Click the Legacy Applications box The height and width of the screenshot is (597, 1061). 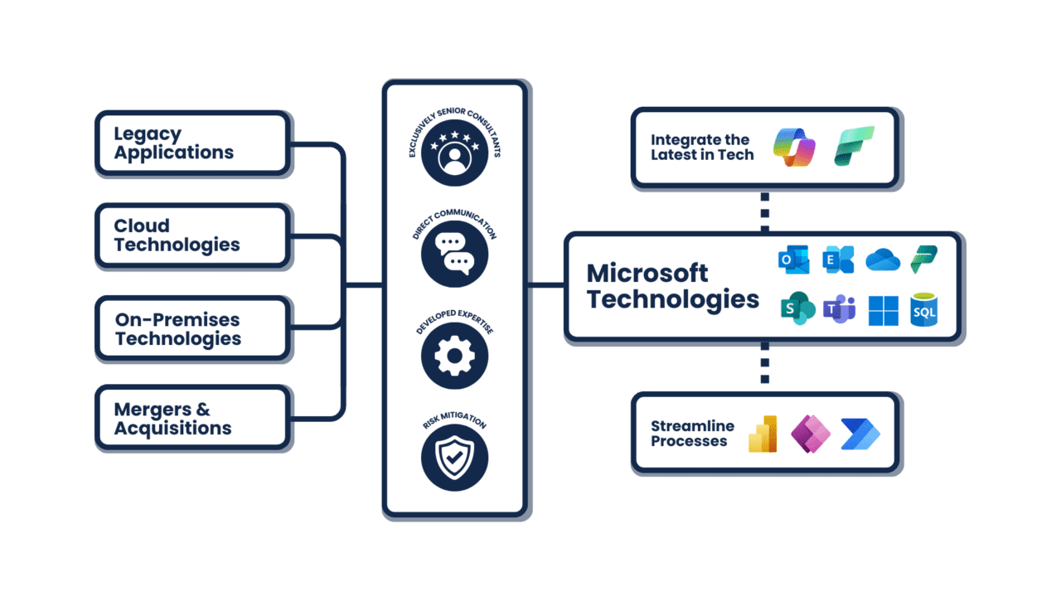click(192, 143)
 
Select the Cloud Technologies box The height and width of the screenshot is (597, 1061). click(192, 235)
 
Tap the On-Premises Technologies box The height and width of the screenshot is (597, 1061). click(192, 328)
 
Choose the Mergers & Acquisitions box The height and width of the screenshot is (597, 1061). click(192, 420)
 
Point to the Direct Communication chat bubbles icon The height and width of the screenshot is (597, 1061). click(454, 254)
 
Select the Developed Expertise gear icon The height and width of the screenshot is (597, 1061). click(454, 357)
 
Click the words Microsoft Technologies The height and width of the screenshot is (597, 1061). click(672, 286)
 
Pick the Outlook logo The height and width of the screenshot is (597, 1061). click(793, 260)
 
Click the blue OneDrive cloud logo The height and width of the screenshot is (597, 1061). click(883, 260)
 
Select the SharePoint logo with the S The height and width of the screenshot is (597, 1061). click(797, 309)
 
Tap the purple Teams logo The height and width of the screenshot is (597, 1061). click(839, 309)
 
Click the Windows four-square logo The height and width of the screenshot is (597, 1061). click(883, 310)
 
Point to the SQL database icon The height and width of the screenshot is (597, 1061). click(923, 309)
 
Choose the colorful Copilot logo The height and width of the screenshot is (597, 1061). click(794, 147)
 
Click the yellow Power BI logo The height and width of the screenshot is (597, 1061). click(763, 434)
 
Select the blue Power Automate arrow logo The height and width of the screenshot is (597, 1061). click(860, 434)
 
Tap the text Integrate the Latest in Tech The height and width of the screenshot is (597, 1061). click(701, 147)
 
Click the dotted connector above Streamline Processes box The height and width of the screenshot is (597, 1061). click(764, 366)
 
